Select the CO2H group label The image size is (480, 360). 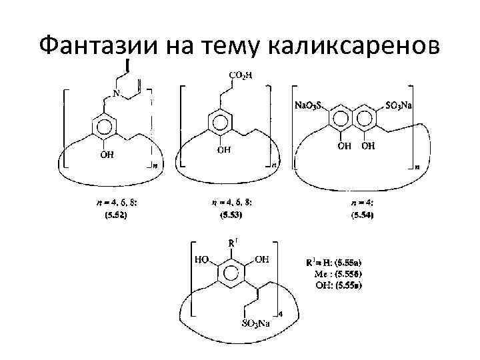click(x=241, y=75)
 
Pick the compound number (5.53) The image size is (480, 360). click(x=231, y=216)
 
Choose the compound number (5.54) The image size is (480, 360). click(x=362, y=216)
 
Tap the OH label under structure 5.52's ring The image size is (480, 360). click(x=107, y=155)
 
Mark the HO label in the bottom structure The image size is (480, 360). click(x=201, y=259)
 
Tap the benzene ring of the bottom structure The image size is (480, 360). click(x=231, y=273)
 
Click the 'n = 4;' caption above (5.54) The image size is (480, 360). click(x=362, y=202)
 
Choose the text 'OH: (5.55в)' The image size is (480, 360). click(x=340, y=285)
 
